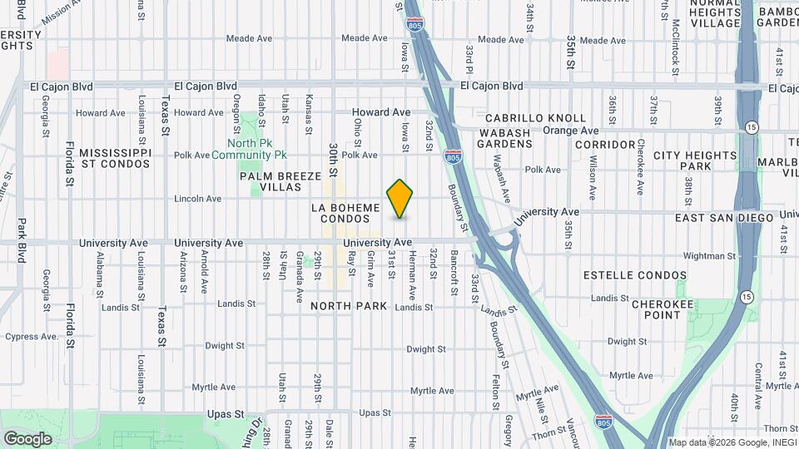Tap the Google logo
(27, 439)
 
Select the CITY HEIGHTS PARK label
(694, 161)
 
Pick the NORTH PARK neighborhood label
(349, 307)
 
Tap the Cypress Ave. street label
(32, 337)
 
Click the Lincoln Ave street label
(198, 199)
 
